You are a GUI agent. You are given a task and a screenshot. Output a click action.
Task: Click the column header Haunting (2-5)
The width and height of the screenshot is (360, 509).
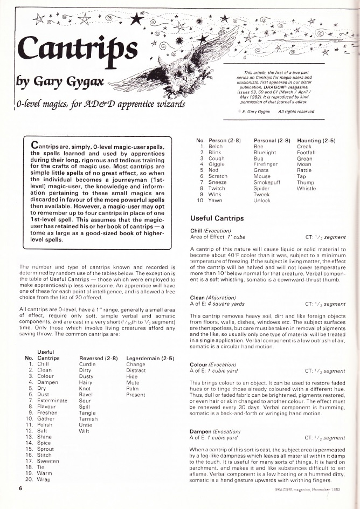click(x=316, y=140)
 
